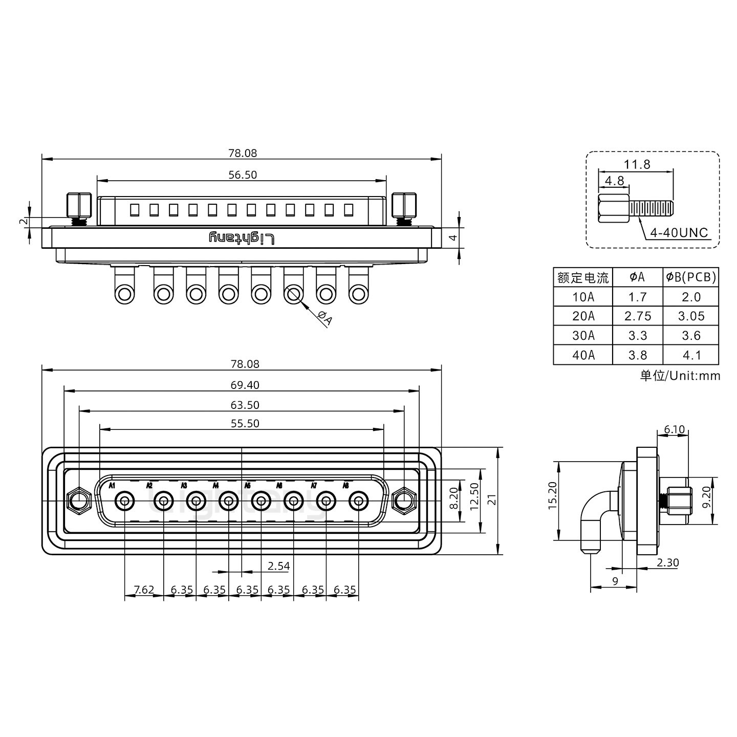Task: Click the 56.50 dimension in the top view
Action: (x=243, y=175)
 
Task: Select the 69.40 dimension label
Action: (x=245, y=385)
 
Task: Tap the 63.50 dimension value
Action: (x=245, y=405)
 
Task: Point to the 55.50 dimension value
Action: (x=245, y=424)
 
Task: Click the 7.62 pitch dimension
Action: (x=144, y=590)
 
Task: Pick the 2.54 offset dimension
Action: (x=278, y=566)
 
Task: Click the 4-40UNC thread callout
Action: (x=679, y=233)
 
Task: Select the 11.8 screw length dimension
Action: (x=637, y=164)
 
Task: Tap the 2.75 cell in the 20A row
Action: (x=638, y=316)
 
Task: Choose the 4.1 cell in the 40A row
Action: (x=691, y=355)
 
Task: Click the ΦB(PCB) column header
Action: (x=691, y=277)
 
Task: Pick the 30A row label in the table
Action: (x=583, y=336)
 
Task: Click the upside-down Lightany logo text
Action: (x=242, y=238)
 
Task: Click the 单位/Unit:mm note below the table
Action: (x=680, y=376)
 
